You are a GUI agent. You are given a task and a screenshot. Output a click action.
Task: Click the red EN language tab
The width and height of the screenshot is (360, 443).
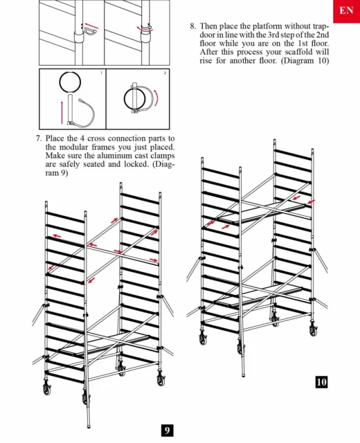click(x=346, y=11)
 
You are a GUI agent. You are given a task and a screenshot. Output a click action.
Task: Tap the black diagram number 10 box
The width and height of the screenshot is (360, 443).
click(x=321, y=382)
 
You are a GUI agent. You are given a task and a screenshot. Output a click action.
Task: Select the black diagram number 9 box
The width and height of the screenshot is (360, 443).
click(x=167, y=431)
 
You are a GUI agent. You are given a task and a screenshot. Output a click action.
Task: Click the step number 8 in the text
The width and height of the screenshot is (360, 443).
click(x=192, y=26)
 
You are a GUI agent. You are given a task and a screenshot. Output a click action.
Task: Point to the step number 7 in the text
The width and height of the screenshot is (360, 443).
click(x=39, y=138)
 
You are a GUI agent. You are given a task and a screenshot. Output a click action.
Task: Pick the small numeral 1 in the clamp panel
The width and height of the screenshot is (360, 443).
click(x=102, y=73)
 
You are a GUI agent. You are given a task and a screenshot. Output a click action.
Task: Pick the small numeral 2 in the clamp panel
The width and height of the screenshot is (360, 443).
click(x=165, y=73)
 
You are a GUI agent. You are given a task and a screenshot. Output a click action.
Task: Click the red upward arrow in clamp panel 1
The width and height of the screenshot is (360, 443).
click(x=62, y=112)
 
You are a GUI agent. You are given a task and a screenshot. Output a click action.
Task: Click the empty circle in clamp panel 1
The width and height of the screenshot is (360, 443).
click(x=70, y=82)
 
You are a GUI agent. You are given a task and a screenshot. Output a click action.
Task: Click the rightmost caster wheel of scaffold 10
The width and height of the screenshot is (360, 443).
click(x=313, y=329)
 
